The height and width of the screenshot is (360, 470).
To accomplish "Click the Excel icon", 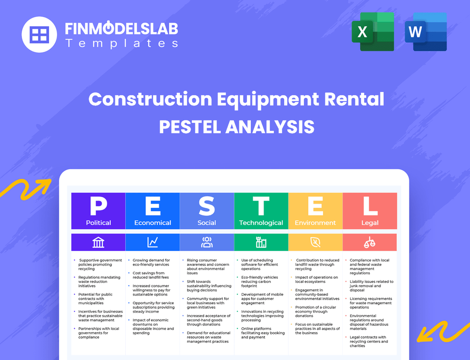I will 373,32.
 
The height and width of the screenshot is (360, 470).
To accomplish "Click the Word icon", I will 426,32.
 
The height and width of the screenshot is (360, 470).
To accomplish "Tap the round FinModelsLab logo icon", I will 39,34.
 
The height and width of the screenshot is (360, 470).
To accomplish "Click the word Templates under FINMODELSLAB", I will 121,43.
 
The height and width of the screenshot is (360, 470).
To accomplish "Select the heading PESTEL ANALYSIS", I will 237,127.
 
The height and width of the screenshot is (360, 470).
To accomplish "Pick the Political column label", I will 98,223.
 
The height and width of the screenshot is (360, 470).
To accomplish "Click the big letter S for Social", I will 207,207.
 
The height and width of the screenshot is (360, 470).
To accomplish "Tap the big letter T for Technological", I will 261,207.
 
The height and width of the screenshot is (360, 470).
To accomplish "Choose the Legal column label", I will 370,223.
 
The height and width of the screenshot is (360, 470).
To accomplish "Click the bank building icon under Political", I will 98,242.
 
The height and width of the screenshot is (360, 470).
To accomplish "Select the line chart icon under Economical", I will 153,242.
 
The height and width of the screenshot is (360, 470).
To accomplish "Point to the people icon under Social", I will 207,242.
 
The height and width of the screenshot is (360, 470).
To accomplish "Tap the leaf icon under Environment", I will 315,242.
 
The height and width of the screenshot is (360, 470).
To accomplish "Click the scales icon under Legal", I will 370,242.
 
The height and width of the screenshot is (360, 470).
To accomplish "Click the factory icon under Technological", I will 261,242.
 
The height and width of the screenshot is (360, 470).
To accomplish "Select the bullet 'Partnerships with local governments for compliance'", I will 99,333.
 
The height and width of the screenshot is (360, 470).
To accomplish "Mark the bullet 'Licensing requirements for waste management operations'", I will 370,303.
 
